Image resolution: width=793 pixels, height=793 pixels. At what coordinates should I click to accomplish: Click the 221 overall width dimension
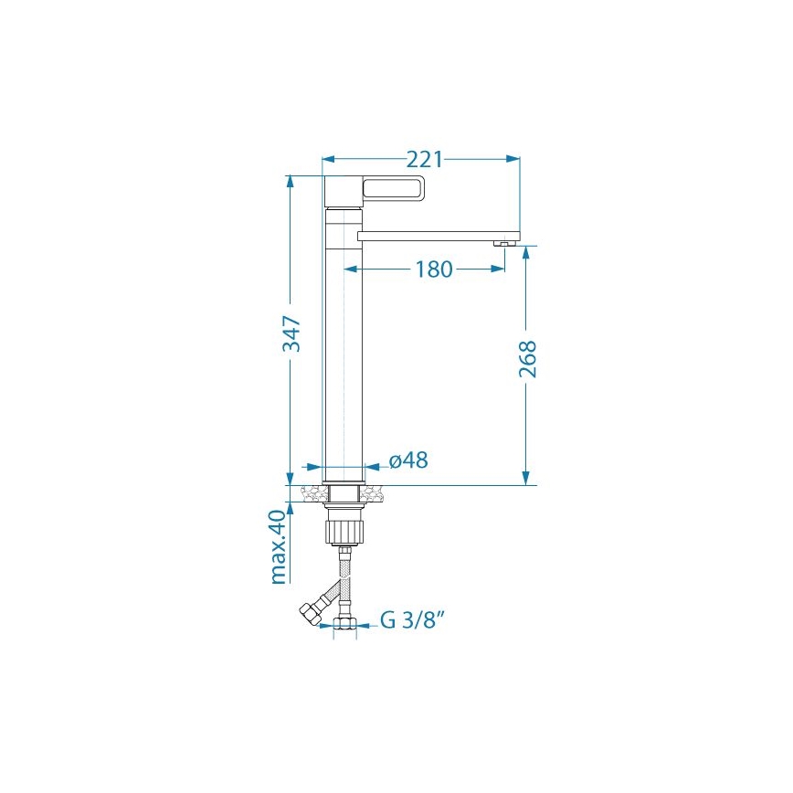click(x=424, y=159)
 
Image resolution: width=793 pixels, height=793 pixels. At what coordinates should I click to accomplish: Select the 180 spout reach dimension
click(x=433, y=270)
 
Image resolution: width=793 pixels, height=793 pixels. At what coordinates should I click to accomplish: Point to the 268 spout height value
click(x=527, y=358)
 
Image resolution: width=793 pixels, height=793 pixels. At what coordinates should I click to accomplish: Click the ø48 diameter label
click(x=408, y=461)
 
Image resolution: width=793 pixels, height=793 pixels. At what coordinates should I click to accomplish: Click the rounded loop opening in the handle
click(x=393, y=189)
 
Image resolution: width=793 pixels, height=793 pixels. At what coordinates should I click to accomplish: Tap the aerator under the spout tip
click(x=501, y=244)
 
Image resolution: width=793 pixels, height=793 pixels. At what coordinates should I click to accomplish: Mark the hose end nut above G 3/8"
click(x=344, y=625)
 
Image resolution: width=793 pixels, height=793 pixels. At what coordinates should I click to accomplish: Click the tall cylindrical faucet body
click(x=344, y=347)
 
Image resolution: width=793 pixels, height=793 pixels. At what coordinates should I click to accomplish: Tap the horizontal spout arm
click(x=439, y=235)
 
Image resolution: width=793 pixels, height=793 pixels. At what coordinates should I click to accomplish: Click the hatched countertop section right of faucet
click(x=376, y=494)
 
